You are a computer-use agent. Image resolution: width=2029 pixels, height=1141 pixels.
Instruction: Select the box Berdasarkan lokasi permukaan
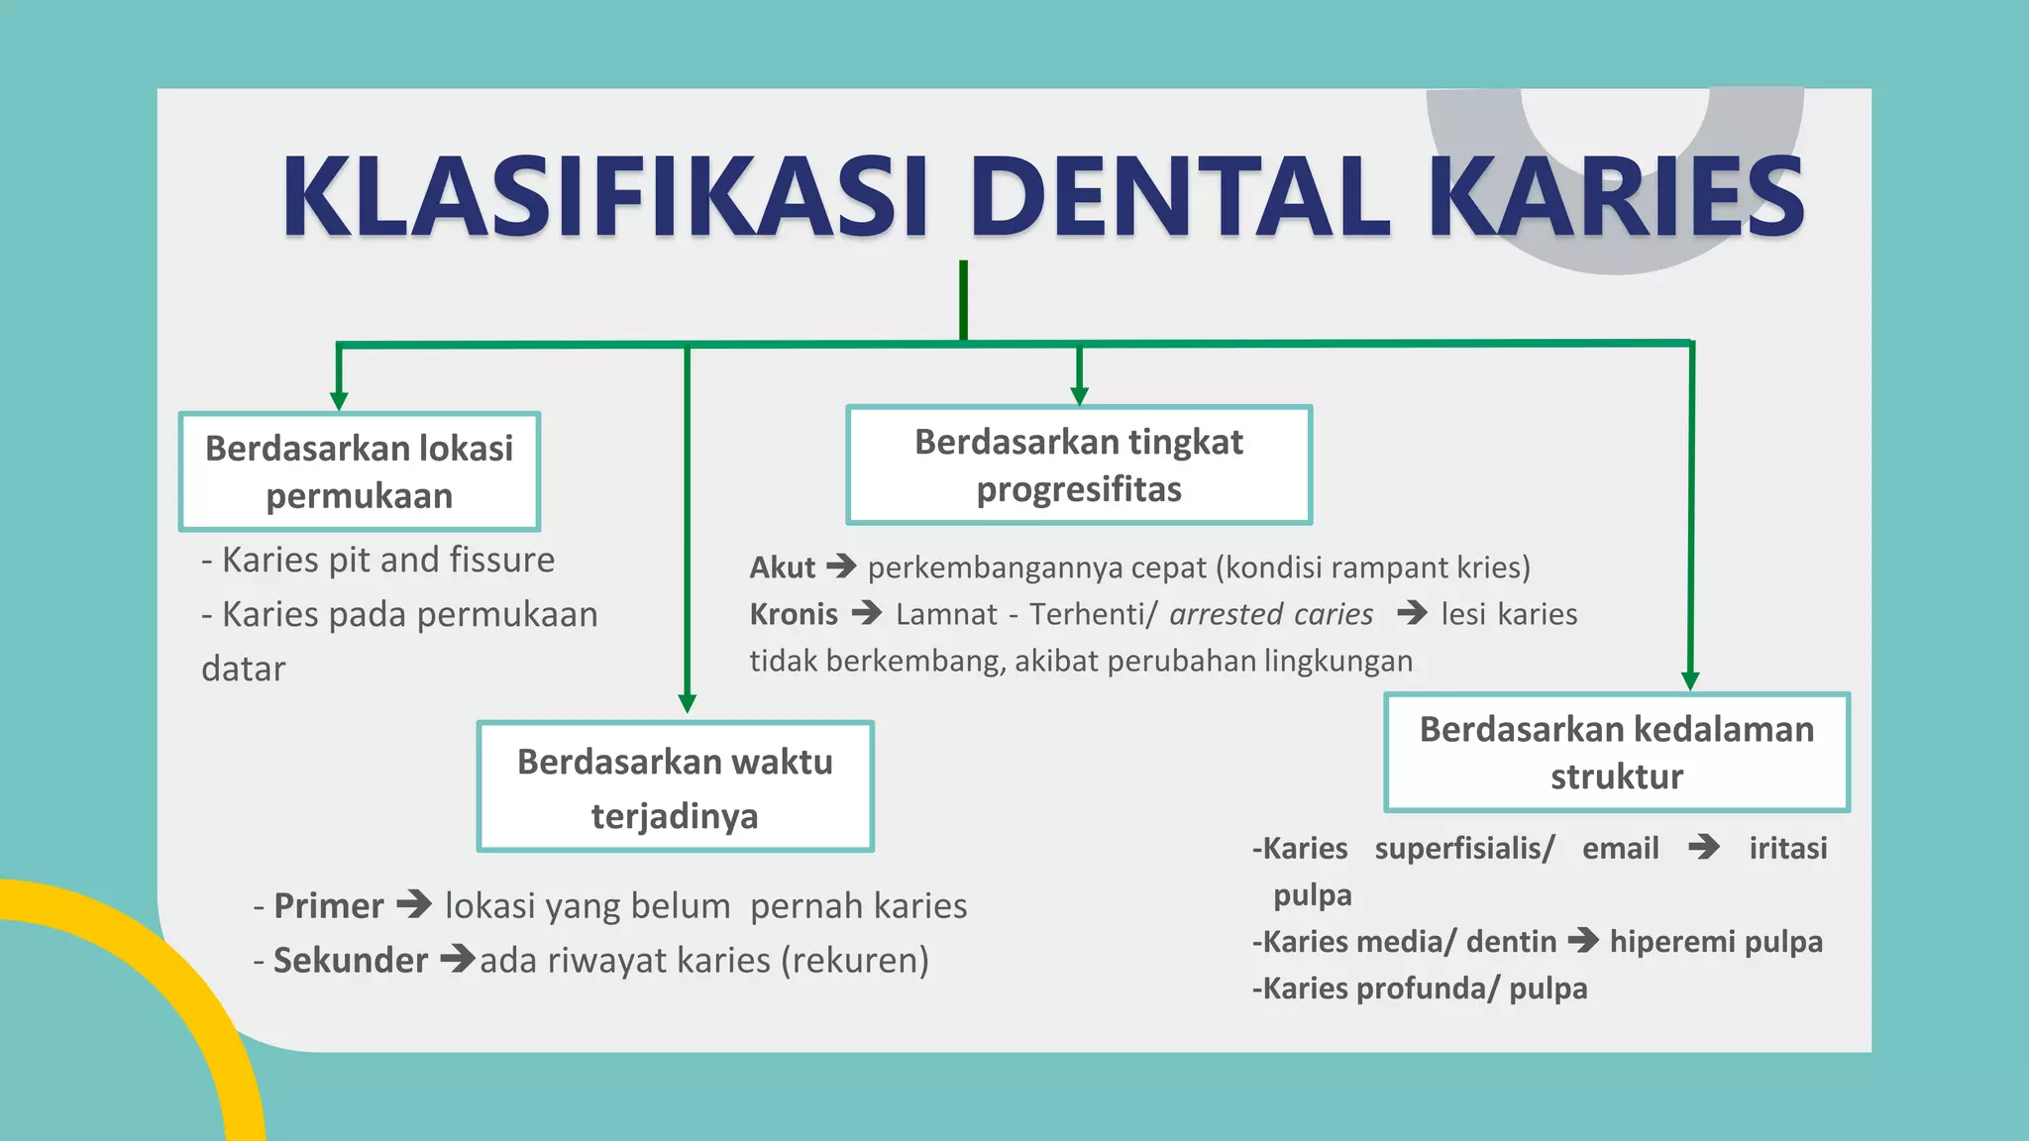[359, 471]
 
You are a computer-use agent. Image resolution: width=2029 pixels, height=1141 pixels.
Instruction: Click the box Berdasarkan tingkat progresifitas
[1079, 465]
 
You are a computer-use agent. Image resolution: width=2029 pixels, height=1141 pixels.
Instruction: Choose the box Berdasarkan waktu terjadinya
[675, 786]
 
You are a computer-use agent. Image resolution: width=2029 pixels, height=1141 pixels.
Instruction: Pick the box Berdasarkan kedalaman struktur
[1616, 752]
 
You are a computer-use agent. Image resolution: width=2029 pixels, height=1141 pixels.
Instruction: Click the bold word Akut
[782, 568]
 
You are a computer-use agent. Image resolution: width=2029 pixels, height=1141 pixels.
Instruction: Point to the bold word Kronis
[794, 614]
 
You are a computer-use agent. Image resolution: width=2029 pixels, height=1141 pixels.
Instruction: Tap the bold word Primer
[328, 905]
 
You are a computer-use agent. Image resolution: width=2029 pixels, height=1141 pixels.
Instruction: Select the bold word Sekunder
[351, 960]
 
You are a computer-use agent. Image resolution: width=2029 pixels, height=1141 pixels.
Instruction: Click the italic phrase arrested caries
[1271, 614]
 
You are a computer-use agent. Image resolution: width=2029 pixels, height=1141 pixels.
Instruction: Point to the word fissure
[502, 560]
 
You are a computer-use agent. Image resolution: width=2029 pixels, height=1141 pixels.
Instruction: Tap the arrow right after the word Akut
[841, 567]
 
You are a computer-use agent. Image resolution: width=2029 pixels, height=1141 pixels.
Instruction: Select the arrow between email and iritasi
[1704, 847]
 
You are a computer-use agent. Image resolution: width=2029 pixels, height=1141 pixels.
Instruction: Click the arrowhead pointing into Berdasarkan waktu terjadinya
[687, 703]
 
